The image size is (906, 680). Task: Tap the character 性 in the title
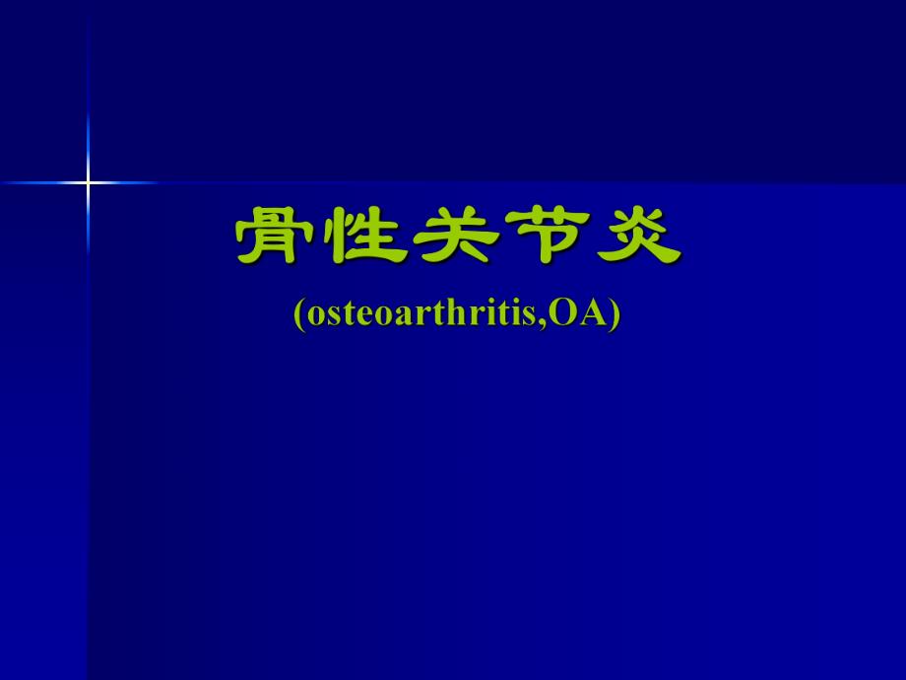tap(364, 237)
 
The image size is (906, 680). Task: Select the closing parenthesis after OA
tap(615, 313)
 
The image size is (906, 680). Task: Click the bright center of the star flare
tap(88, 182)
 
